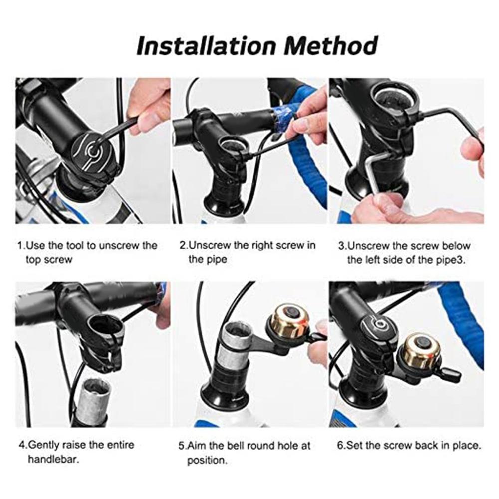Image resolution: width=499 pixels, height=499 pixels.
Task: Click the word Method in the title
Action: pos(330,46)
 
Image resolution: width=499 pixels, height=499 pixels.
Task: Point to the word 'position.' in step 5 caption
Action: pos(207,460)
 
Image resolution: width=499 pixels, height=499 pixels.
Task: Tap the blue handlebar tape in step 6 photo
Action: pos(464,319)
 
